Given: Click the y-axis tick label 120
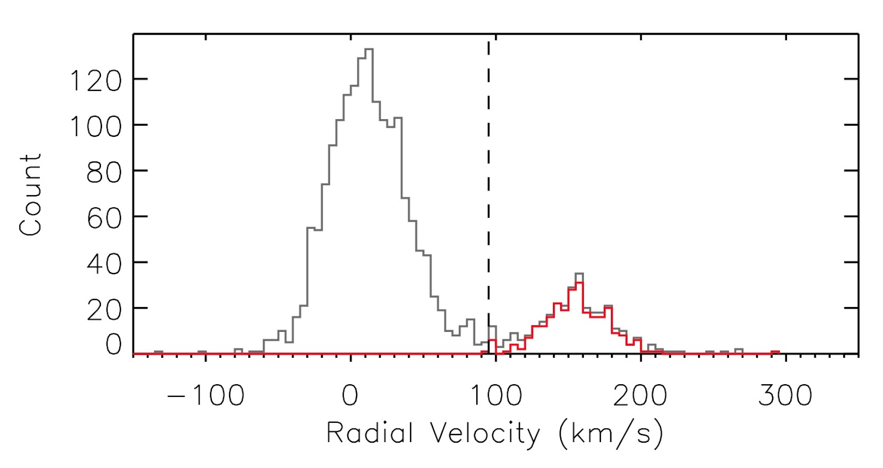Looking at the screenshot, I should coord(94,81).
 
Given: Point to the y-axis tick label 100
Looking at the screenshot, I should coord(94,127).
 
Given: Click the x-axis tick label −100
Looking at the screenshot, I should coord(205,395).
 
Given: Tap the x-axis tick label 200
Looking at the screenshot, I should coord(640,395).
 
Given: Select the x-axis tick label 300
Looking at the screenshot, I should coord(785,395).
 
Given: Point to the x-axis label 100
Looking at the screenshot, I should coord(496,395).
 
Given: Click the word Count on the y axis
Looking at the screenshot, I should coord(30,195).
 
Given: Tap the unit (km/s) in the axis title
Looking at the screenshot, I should coord(610,434).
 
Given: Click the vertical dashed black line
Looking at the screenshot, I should coord(488,165).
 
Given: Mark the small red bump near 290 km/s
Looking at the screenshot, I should coord(775,351).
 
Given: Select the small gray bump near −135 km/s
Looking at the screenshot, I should coord(158,351).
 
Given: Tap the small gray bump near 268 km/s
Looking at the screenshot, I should coord(738,349).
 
